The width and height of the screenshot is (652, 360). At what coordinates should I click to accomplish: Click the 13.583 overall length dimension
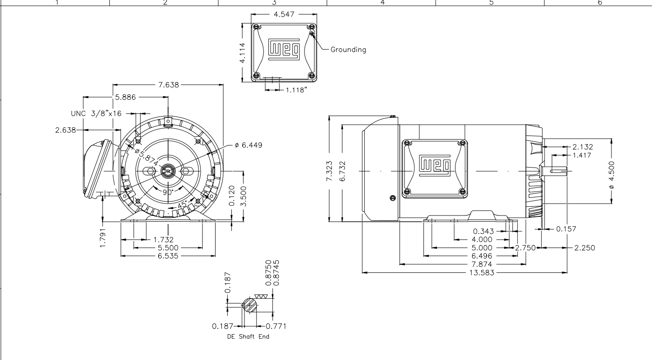point(482,273)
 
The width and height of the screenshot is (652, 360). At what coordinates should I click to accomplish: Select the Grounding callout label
point(348,50)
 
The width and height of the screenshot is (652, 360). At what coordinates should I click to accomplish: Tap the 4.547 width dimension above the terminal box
point(284,14)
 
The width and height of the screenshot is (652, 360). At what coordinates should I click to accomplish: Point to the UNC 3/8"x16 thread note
point(96,113)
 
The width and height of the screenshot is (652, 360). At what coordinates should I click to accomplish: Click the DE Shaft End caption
point(248,337)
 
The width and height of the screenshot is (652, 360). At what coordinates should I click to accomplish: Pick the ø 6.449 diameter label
point(249,145)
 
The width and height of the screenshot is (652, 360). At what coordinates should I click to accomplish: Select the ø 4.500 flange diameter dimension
point(611,175)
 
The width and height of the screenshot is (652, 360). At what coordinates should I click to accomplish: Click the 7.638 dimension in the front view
point(169,84)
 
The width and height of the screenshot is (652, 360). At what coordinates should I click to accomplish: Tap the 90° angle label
point(168,192)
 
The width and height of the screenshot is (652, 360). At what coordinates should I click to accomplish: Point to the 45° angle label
point(182,204)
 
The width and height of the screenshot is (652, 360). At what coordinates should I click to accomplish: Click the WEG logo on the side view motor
point(435,166)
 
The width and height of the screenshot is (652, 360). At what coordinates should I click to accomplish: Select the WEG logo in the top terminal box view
point(284,50)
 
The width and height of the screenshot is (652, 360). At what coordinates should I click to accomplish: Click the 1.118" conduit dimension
point(296,90)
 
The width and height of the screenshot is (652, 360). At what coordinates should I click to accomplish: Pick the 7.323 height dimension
point(329,171)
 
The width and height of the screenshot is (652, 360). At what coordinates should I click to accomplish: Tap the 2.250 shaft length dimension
point(585,248)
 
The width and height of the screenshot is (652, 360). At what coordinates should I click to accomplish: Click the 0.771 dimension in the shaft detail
point(276,326)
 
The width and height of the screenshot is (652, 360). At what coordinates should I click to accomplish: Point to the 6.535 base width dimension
point(168,256)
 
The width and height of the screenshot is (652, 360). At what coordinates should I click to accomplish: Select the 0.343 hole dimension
point(483,231)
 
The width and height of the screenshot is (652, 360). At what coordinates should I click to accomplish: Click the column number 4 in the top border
point(382,3)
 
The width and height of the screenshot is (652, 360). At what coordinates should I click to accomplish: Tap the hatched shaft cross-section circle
point(250,305)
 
